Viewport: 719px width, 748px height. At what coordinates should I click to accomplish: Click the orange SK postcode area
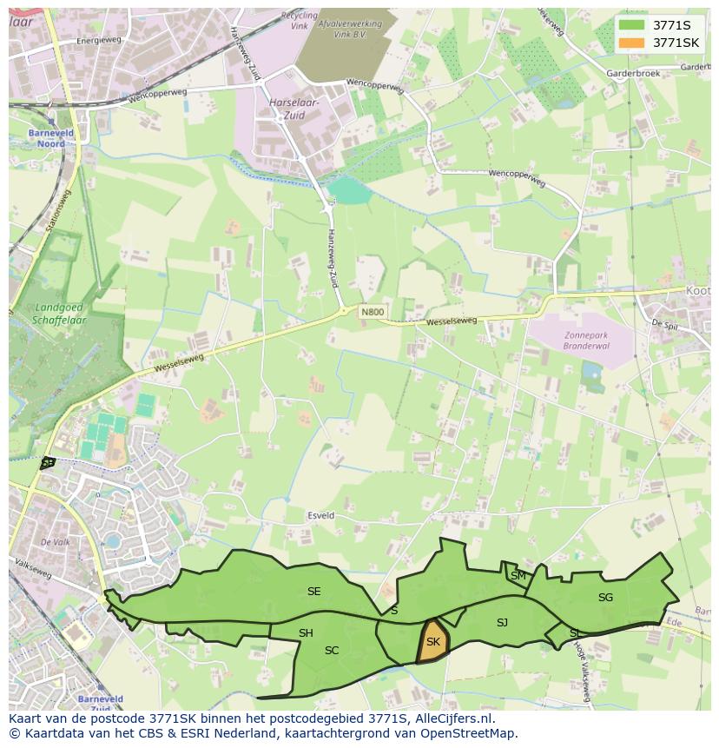pyautogui.click(x=432, y=642)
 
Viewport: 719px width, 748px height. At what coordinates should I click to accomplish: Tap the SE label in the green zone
pyautogui.click(x=313, y=592)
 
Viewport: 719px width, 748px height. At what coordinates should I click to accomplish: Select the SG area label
pyautogui.click(x=605, y=598)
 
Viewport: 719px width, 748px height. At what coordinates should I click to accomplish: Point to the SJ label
pyautogui.click(x=502, y=623)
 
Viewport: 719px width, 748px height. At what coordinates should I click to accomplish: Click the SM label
pyautogui.click(x=518, y=576)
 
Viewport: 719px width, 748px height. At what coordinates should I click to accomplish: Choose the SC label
pyautogui.click(x=332, y=651)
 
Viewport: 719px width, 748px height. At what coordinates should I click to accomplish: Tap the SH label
pyautogui.click(x=306, y=633)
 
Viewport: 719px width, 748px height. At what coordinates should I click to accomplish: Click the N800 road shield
pyautogui.click(x=373, y=312)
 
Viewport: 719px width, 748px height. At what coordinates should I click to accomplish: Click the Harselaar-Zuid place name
pyautogui.click(x=294, y=108)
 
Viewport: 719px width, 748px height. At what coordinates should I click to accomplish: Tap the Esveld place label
pyautogui.click(x=320, y=516)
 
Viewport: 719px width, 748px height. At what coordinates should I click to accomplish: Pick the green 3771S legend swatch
pyautogui.click(x=632, y=25)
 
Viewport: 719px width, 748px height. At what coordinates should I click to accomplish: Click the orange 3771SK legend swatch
pyautogui.click(x=632, y=43)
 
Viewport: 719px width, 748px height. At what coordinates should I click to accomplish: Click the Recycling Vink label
pyautogui.click(x=300, y=22)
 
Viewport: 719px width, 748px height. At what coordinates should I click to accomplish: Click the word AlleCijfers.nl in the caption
pyautogui.click(x=453, y=718)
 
